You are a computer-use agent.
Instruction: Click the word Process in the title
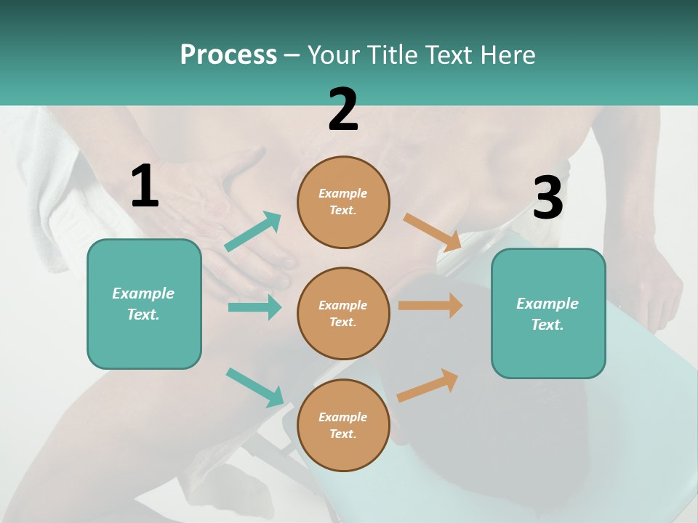(228, 55)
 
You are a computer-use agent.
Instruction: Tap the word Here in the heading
(507, 55)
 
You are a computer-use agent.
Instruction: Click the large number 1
(145, 187)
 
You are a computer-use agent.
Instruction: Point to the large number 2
(343, 110)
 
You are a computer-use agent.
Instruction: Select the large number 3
(547, 198)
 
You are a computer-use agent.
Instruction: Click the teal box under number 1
(144, 304)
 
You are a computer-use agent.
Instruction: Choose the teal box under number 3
(548, 314)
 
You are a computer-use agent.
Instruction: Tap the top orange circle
(343, 202)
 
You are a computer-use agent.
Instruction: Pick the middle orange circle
(343, 313)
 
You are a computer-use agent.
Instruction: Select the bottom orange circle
(343, 425)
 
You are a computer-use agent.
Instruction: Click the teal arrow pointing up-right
(253, 232)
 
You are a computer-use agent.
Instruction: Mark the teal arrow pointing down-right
(255, 386)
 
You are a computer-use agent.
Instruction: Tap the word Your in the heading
(334, 55)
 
